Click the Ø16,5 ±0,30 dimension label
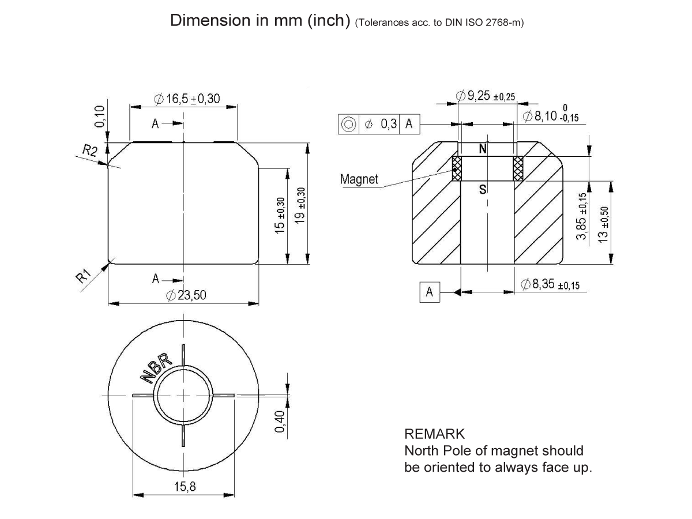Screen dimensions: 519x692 187,99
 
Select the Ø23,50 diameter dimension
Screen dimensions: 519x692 186,295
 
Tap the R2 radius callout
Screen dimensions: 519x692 89,151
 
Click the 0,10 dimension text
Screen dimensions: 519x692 100,117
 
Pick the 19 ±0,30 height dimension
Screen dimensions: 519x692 300,207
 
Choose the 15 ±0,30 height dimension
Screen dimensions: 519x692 280,215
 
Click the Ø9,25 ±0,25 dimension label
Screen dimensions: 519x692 485,96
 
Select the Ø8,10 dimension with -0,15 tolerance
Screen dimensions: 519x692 550,116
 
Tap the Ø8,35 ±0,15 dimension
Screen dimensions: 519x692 550,284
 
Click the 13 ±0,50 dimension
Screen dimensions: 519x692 604,224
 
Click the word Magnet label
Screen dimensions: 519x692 359,179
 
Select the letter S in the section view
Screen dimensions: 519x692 483,189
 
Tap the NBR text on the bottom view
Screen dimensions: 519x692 156,367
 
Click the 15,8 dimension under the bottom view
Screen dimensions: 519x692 185,487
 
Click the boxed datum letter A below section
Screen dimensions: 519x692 429,292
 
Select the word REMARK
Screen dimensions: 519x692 434,434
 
